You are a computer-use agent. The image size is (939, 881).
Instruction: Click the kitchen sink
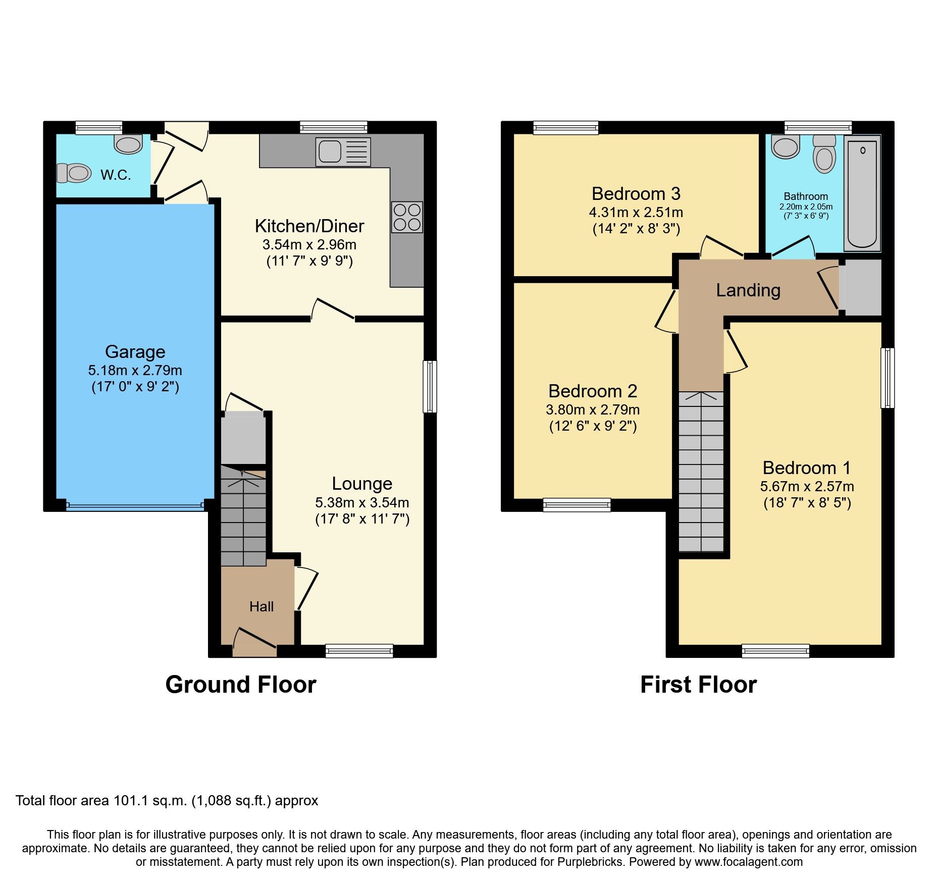343,151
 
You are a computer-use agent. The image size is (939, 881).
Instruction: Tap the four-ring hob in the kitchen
407,217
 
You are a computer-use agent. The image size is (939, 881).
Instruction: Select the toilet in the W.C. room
74,173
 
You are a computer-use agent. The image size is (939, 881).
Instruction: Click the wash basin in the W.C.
128,144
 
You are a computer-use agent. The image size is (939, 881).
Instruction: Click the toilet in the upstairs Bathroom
824,153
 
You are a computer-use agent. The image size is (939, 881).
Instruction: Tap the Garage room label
135,351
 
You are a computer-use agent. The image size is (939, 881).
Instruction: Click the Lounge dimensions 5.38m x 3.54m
362,502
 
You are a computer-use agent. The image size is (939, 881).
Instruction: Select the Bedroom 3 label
636,193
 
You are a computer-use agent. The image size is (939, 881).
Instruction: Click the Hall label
262,606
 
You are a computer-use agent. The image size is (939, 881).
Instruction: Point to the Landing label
748,290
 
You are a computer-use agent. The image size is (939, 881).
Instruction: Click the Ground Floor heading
241,685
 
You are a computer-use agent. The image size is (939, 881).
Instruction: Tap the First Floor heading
699,685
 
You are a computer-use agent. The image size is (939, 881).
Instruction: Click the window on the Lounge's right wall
430,386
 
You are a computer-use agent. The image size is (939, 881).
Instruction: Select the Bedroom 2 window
577,504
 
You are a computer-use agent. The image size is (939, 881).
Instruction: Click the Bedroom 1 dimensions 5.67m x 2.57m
807,487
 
